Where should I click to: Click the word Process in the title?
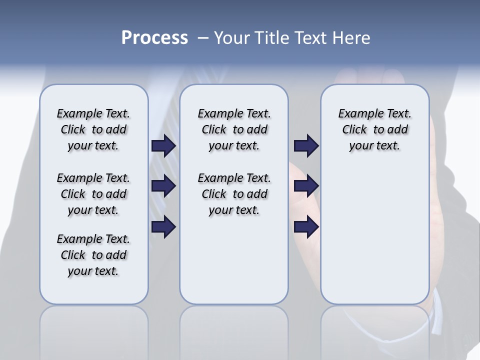(154, 38)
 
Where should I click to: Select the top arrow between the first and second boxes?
(163, 146)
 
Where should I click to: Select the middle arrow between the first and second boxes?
(163, 186)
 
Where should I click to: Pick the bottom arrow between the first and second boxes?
(163, 227)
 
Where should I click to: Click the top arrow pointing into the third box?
(306, 146)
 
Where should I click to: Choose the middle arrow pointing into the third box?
(306, 186)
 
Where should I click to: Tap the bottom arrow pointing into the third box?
(306, 227)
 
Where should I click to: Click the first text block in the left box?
(93, 129)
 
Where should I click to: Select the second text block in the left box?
(93, 194)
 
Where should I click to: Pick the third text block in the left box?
(93, 255)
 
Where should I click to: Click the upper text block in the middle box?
(234, 129)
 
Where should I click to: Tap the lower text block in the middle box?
(234, 194)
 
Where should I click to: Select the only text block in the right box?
(375, 129)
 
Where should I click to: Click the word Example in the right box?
(356, 114)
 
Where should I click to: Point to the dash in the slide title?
(203, 38)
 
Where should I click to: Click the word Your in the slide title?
(232, 38)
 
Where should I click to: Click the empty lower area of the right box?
(375, 240)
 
